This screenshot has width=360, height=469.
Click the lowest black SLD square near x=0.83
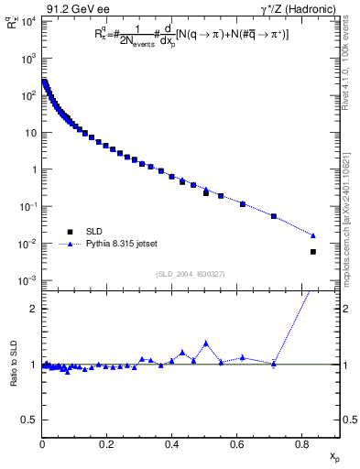(313, 252)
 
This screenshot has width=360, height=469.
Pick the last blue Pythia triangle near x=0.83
(313, 235)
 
